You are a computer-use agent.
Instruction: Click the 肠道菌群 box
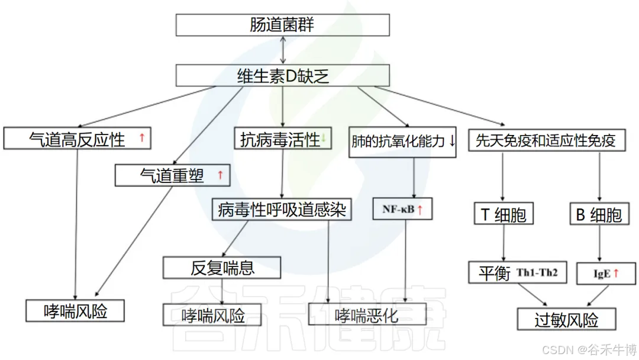(282, 25)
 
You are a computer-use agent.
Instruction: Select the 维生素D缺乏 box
(282, 76)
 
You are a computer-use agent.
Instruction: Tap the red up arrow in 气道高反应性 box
(141, 139)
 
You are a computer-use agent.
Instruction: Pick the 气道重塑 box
(172, 175)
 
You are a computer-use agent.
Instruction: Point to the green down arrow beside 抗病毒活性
(324, 140)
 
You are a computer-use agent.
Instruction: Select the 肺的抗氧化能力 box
(402, 142)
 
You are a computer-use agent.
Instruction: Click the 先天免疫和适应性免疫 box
(546, 140)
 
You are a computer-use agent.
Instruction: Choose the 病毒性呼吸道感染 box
(282, 209)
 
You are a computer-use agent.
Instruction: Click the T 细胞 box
(503, 214)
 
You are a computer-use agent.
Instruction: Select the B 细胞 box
(600, 214)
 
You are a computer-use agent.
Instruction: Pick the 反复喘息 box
(222, 268)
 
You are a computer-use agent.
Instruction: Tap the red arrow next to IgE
(615, 273)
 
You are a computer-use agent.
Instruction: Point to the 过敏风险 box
(566, 320)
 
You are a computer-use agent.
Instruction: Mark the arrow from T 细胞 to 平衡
(503, 243)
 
